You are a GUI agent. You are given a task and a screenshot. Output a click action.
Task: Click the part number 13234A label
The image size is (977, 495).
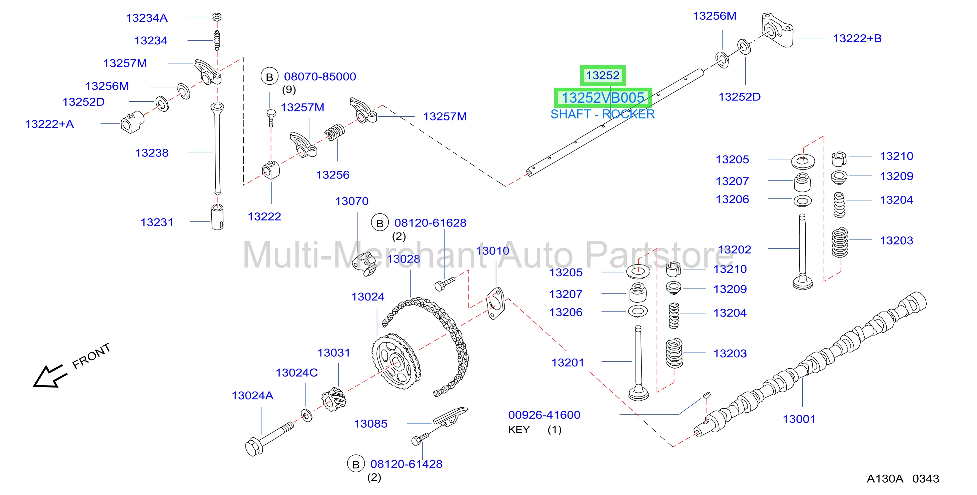tap(146, 18)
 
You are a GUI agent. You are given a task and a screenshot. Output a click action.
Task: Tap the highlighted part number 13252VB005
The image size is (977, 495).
tap(603, 98)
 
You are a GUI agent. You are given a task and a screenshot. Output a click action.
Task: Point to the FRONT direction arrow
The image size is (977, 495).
tap(49, 376)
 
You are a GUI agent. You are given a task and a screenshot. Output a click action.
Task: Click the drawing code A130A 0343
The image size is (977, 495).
tap(903, 479)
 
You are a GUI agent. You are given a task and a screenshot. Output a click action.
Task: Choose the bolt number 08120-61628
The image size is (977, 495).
tap(430, 223)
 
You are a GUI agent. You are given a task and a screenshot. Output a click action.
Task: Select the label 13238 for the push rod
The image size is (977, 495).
tap(152, 153)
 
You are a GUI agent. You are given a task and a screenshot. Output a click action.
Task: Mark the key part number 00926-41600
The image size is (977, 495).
tap(544, 415)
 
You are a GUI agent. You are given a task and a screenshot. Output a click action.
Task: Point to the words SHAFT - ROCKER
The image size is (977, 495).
tap(602, 114)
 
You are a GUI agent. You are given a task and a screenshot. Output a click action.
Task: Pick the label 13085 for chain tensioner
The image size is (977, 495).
tap(370, 423)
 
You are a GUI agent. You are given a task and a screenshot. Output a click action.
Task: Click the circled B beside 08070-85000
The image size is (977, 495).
tap(269, 77)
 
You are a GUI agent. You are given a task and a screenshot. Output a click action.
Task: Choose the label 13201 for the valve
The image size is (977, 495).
tap(568, 363)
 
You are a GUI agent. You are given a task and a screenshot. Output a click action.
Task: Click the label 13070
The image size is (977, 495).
tap(351, 201)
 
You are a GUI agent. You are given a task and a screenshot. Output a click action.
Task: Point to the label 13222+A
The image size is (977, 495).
tap(49, 124)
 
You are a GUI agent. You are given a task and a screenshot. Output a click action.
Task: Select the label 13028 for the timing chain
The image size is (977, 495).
tap(403, 259)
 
